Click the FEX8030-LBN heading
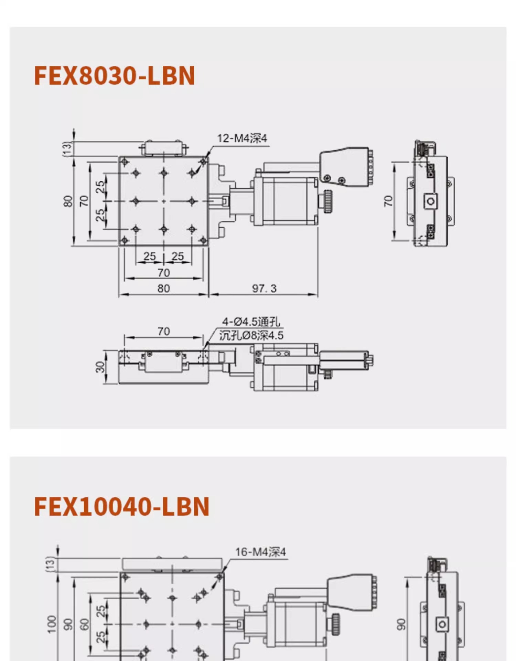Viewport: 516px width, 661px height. (x=115, y=75)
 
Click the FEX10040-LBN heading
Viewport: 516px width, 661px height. (x=122, y=506)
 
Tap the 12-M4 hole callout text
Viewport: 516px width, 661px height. (x=242, y=138)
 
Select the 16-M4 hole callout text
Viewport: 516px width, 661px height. (x=260, y=552)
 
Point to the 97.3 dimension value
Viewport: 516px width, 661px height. (x=264, y=288)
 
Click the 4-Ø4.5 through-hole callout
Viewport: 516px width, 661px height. (x=251, y=322)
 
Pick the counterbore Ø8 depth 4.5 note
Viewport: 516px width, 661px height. (x=251, y=335)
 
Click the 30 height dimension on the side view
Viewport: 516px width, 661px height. (x=100, y=367)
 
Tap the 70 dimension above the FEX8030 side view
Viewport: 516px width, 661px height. (x=164, y=331)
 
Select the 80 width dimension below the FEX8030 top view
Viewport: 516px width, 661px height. (x=164, y=288)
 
